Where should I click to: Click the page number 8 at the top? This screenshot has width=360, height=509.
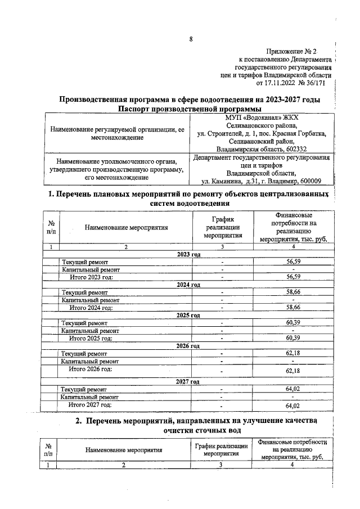click(191, 39)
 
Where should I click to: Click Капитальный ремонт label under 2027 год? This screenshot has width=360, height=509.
click(91, 397)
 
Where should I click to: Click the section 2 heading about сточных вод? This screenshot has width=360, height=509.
click(197, 426)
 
